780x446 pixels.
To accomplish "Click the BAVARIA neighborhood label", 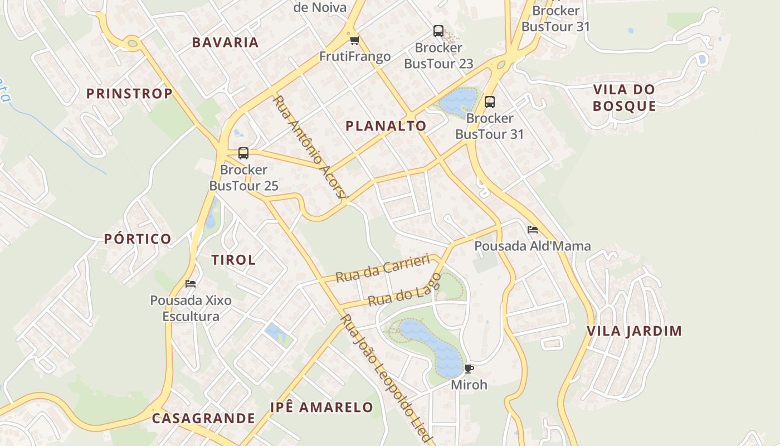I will click(226, 42).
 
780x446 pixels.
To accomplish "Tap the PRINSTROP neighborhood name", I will click(129, 94).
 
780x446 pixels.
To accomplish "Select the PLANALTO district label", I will click(386, 126).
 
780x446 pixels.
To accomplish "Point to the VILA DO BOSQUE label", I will click(624, 98).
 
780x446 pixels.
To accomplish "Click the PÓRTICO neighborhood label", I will click(138, 239).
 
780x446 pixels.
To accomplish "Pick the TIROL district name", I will click(233, 260).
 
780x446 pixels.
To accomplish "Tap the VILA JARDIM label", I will click(634, 331).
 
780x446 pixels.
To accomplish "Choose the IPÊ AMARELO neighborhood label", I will click(321, 407).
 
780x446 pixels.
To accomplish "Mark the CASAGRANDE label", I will click(203, 418).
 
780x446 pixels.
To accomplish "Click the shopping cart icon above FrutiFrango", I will click(354, 40).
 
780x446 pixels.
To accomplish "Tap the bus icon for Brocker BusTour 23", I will click(438, 31).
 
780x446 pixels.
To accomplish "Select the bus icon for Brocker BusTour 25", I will click(243, 153).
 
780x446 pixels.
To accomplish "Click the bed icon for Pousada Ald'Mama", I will click(533, 229).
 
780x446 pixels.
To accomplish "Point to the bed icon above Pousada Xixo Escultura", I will click(191, 284).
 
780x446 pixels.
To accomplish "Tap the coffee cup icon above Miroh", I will click(469, 369).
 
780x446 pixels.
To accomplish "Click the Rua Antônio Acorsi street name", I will click(311, 147).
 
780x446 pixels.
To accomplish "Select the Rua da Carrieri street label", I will click(383, 268).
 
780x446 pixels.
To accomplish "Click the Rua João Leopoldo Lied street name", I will click(386, 379).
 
